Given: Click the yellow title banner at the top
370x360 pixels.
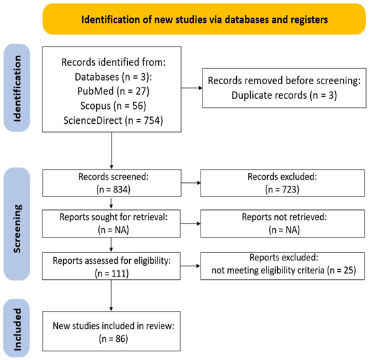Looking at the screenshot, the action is [x=204, y=19].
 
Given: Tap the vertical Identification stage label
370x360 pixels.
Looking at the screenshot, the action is [x=17, y=88].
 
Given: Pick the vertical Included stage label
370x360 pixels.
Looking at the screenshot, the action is [x=17, y=329].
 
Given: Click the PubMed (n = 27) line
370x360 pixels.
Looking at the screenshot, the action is [x=113, y=91].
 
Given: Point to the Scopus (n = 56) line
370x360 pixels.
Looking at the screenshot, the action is [x=113, y=106].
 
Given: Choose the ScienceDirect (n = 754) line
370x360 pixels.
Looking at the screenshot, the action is [x=113, y=120].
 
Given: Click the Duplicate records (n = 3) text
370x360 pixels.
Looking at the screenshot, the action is [x=284, y=96].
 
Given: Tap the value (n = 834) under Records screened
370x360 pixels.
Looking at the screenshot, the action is [x=113, y=189].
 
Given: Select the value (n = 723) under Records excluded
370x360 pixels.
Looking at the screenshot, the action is [x=283, y=189].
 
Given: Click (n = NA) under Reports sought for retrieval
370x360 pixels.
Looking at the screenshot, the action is [x=113, y=229].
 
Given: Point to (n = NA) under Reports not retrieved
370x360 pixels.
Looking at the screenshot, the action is [x=284, y=229].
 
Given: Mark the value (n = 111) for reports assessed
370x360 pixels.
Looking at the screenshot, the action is [x=112, y=273].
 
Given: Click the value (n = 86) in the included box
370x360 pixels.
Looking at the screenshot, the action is [x=113, y=338].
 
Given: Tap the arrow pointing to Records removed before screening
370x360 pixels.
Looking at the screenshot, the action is [x=192, y=88].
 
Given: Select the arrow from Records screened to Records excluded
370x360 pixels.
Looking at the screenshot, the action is [x=191, y=183].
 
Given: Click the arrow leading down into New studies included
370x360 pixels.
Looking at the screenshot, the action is [x=111, y=295].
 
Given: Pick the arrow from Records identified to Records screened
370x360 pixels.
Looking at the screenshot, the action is [x=112, y=151].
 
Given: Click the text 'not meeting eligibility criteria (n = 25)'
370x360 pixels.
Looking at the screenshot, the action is [x=284, y=271].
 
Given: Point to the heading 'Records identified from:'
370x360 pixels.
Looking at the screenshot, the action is [x=113, y=63].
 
